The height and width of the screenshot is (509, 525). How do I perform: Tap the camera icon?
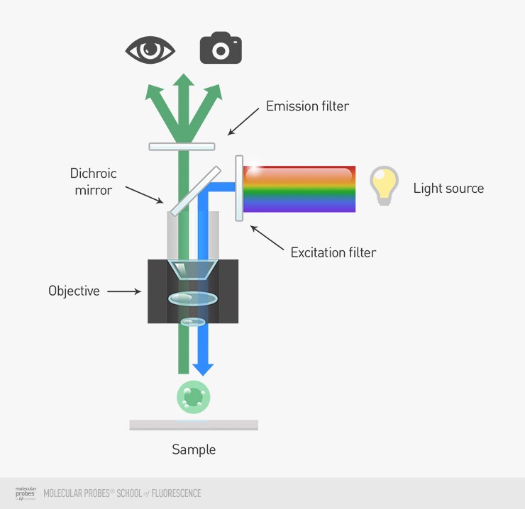pos(221,47)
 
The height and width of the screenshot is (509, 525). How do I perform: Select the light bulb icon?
pos(384,186)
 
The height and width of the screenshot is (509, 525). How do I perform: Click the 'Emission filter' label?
pos(307,106)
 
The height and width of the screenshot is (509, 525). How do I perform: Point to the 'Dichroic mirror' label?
pos(93,181)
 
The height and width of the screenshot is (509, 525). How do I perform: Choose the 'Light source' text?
pos(448,189)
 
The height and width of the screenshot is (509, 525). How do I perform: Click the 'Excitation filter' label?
pos(333,252)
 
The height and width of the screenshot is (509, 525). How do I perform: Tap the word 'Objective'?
pos(74,291)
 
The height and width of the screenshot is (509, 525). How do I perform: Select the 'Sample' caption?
pos(194,449)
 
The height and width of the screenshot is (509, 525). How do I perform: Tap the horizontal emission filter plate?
pos(182,147)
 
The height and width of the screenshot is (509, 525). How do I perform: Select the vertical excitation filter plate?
pos(239,188)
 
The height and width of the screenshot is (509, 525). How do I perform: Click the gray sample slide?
pos(193,425)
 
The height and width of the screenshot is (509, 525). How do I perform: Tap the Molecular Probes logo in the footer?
pos(26,493)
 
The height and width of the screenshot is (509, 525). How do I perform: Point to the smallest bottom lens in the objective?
pos(192,323)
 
